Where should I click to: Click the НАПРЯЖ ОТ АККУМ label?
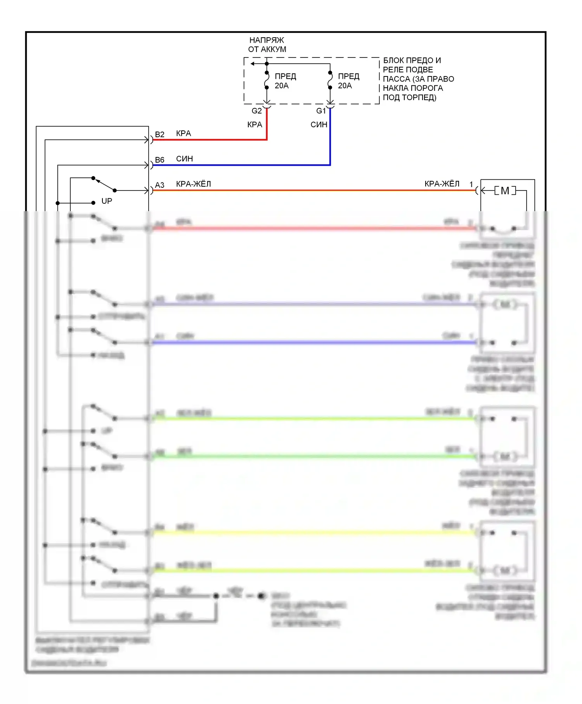267,45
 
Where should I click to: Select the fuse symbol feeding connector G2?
267,80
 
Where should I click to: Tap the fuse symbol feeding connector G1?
330,80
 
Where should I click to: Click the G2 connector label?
256,111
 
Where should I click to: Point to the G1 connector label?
321,111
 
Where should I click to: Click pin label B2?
159,135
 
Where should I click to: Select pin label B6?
159,160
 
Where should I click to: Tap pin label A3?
159,185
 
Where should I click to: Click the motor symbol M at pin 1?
505,191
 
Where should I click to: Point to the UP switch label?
107,201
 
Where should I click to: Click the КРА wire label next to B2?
184,134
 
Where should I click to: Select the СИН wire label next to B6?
184,159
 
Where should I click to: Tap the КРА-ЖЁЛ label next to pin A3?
194,184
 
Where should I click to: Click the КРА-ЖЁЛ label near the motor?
442,184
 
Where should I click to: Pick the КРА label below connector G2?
255,125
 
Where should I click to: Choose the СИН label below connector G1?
319,125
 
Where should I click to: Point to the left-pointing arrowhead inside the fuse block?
253,64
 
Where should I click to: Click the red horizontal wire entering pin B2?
210,140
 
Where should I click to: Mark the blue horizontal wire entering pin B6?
241,165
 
